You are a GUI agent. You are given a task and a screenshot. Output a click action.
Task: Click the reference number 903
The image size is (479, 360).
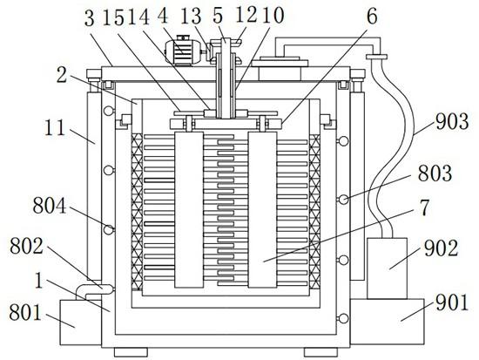(x=452, y=122)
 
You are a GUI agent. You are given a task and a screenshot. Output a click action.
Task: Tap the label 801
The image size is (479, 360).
(x=25, y=313)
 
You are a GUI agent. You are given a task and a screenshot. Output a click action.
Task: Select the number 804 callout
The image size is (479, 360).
(x=49, y=206)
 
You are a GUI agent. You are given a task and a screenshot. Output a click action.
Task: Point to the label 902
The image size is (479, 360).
(x=441, y=248)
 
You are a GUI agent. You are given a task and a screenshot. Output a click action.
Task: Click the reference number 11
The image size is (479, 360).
(x=55, y=127)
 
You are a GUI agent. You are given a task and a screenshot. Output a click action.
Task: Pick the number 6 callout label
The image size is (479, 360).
(x=372, y=17)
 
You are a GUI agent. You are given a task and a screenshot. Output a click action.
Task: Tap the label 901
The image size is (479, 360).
(x=452, y=302)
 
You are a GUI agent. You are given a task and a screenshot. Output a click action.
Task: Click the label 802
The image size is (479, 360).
(x=27, y=246)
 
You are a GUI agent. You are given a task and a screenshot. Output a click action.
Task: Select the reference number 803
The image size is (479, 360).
(x=435, y=173)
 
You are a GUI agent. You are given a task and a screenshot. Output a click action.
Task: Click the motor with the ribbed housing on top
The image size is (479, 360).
(x=183, y=50)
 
